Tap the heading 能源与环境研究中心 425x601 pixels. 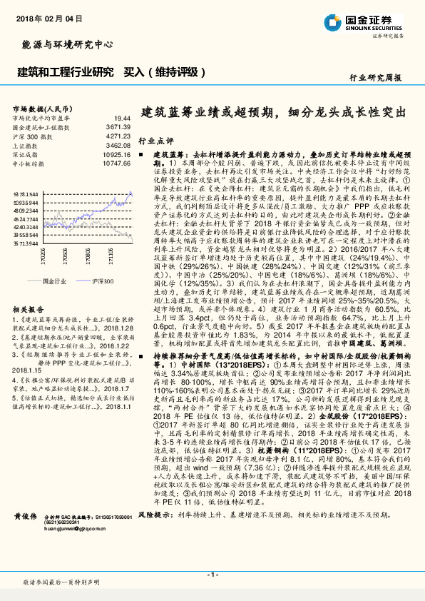[68, 44]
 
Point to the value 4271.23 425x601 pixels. [118, 135]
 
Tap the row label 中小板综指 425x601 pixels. [31, 163]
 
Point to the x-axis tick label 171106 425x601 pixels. [111, 256]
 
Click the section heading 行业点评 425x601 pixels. [155, 141]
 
